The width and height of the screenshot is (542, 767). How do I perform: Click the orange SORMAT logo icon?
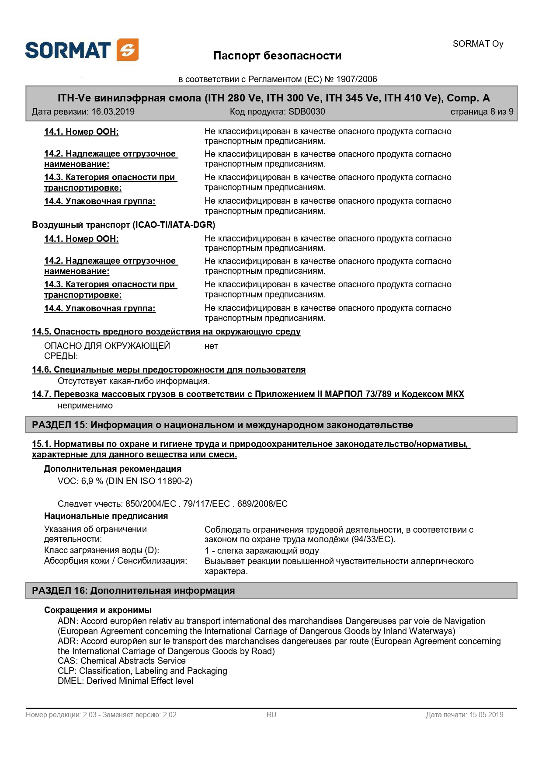[x=128, y=50]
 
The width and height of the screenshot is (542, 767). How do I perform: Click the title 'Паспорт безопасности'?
[x=277, y=56]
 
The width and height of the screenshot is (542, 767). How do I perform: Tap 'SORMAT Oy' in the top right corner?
[x=478, y=44]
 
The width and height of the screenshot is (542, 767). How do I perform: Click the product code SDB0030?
[x=306, y=112]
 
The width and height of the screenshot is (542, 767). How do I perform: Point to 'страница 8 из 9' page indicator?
[x=482, y=112]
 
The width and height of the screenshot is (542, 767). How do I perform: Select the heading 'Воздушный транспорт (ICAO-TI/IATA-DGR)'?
[x=124, y=225]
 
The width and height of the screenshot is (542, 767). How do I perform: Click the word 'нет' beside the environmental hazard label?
[x=211, y=346]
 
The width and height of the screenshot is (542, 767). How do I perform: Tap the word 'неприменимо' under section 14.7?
[x=85, y=406]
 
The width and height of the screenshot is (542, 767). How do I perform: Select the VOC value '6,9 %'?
[x=92, y=481]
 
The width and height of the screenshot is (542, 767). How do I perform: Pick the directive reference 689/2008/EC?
[x=262, y=504]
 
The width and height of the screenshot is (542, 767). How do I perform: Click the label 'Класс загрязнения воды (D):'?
[x=102, y=550]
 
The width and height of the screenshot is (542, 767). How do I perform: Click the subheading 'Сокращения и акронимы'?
[x=98, y=610]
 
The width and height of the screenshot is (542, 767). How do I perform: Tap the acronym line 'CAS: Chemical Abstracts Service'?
[x=122, y=661]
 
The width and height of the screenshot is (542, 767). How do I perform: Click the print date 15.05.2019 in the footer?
[x=486, y=715]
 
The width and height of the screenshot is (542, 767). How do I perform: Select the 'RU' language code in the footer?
[x=271, y=715]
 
